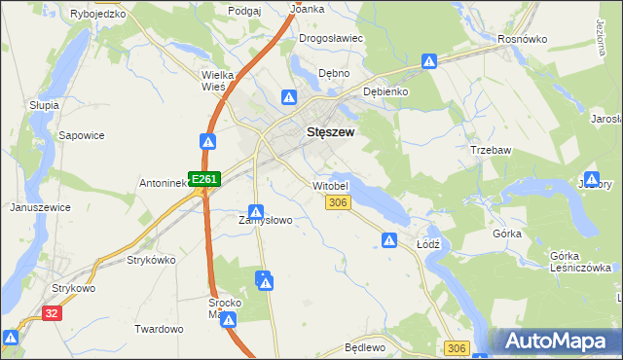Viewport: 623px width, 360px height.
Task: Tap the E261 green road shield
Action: tap(204, 179)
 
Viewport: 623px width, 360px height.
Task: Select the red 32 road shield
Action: tap(52, 312)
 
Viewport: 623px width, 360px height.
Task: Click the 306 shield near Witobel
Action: tap(338, 202)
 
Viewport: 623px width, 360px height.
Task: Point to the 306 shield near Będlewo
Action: tap(457, 347)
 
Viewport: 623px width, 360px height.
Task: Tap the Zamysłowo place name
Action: tap(266, 220)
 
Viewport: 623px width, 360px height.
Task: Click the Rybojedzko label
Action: tap(98, 15)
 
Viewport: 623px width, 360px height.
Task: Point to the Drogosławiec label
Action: tap(331, 38)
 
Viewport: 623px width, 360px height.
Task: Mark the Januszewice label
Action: tap(39, 207)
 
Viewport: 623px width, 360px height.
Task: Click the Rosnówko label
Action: tap(522, 39)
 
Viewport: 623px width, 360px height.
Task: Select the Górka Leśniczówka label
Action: tap(580, 262)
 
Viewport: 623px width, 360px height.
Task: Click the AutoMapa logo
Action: tap(557, 341)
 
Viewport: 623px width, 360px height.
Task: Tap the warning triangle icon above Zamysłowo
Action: tap(256, 211)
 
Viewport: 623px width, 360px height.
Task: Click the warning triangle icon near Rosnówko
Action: tap(429, 62)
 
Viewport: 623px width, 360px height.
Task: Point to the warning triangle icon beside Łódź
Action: tap(389, 240)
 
